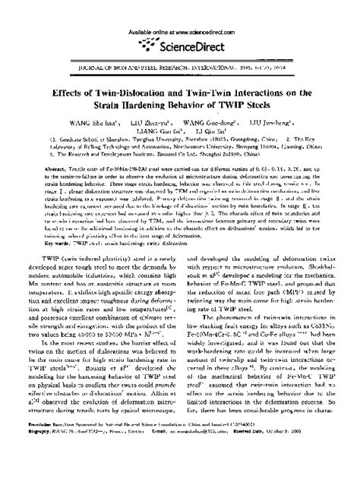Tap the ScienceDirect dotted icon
click(x=149, y=46)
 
